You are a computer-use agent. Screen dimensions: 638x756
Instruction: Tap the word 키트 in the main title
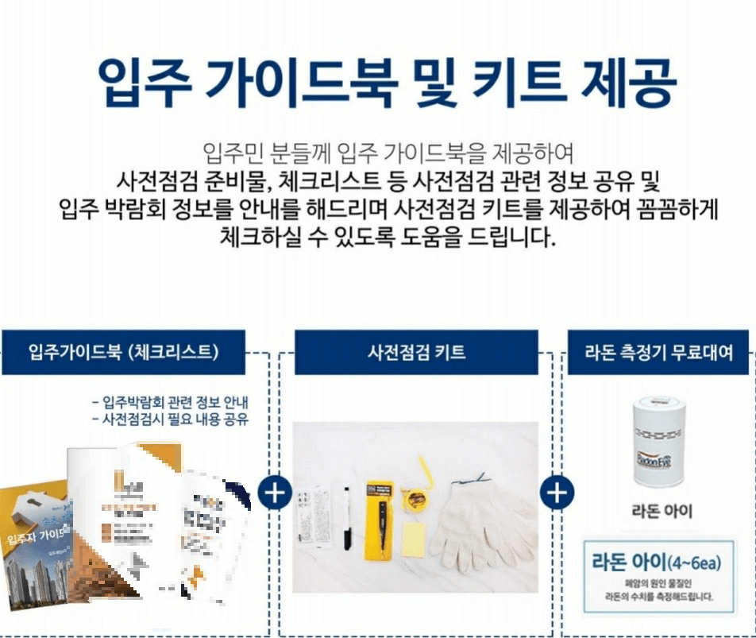(514, 81)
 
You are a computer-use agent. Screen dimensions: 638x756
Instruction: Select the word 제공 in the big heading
(628, 81)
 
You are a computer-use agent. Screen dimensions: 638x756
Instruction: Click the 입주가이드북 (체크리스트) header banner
(122, 352)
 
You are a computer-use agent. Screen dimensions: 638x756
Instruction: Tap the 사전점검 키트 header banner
(416, 352)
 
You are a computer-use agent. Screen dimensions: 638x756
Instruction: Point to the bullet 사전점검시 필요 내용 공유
(170, 419)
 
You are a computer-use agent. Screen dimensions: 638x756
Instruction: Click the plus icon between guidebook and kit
(275, 493)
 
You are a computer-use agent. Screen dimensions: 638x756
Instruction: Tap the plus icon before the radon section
(557, 493)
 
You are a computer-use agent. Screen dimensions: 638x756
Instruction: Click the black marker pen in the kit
(347, 517)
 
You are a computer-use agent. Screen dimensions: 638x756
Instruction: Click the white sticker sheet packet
(313, 516)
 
